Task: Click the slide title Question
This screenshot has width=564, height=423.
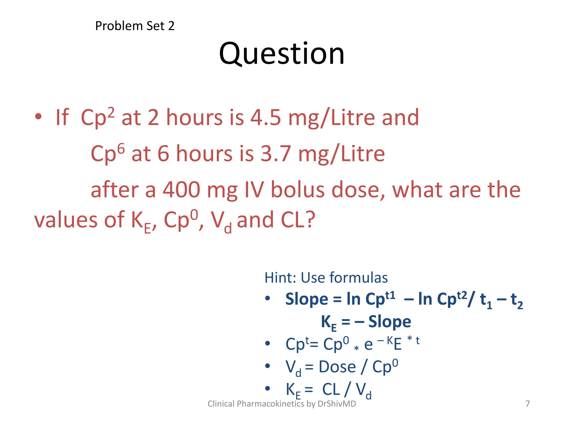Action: coord(281,54)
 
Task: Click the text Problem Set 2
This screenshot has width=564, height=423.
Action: coord(135,26)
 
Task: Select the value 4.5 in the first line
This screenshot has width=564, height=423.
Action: coord(265,118)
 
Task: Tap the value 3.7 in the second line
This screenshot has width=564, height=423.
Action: coord(276,154)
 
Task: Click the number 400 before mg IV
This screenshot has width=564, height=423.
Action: coord(181,190)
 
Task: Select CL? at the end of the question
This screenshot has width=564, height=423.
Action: coord(298,220)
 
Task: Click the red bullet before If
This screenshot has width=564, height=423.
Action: coord(38,117)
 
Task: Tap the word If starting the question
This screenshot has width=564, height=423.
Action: coord(62,118)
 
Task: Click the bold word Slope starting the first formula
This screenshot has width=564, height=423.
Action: coord(307,299)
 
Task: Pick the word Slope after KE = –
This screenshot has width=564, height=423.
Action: coord(389,322)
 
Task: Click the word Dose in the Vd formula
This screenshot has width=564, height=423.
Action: coord(337,367)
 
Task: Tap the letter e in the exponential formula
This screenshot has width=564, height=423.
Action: coord(368,345)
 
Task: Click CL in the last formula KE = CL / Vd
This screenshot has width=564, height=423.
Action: coord(331,389)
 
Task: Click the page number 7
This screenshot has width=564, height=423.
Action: coord(527,404)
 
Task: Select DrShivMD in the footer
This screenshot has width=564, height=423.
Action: coord(337,404)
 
